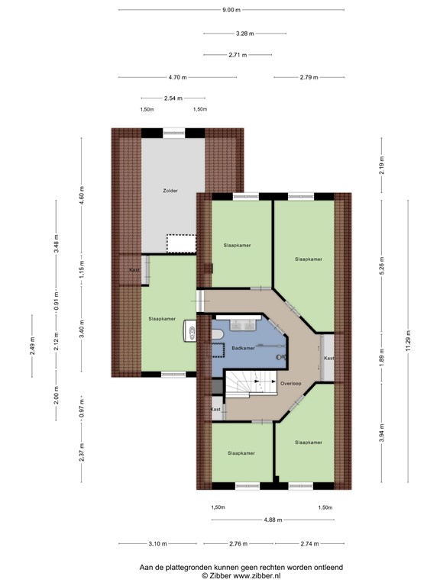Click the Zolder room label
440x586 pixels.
[x=170, y=190]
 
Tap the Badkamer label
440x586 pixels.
[x=242, y=346]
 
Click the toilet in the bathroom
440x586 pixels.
[x=191, y=333]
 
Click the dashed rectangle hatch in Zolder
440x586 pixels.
[x=181, y=243]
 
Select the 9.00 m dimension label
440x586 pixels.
[x=231, y=10]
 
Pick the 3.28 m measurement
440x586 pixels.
[x=244, y=34]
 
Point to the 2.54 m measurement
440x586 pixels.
[x=173, y=98]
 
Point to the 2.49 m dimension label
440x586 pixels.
[x=32, y=344]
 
